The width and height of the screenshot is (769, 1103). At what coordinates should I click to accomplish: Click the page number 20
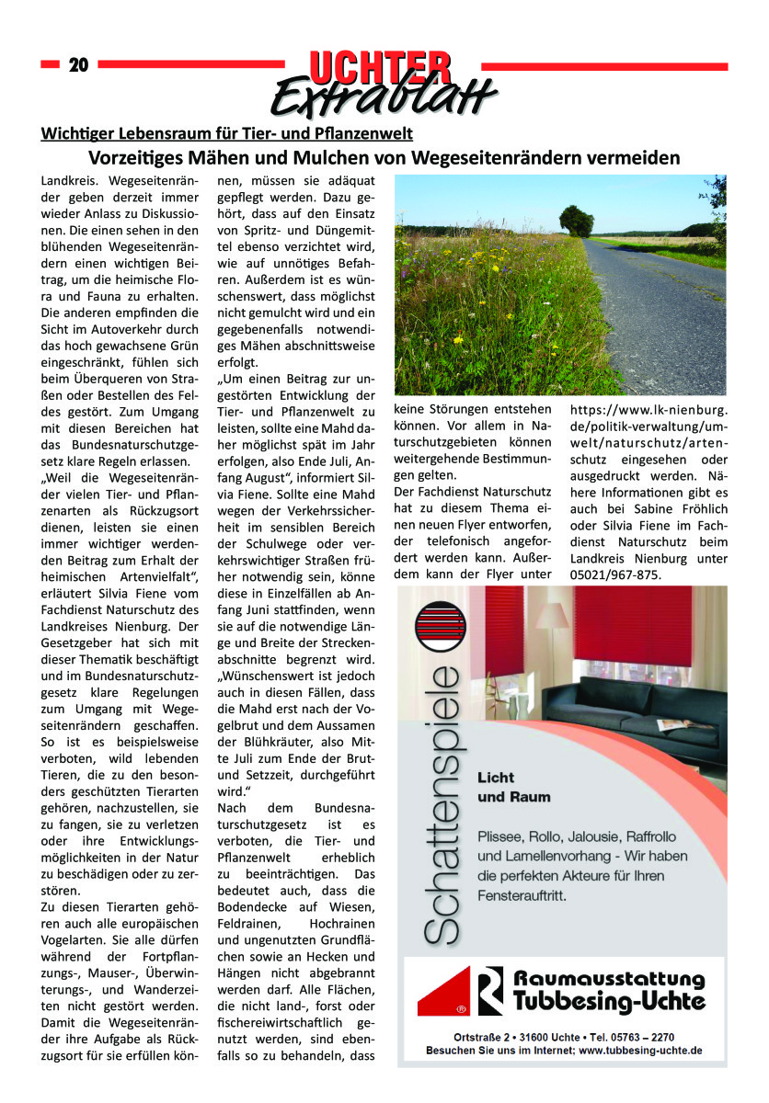[x=78, y=64]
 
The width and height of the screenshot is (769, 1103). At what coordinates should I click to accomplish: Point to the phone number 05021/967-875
[x=615, y=575]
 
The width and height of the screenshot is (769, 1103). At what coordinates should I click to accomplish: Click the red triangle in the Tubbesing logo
[x=445, y=997]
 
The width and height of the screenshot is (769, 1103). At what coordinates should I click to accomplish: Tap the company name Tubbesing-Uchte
[x=609, y=1000]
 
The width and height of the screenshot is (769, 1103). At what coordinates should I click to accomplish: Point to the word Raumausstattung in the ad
[x=609, y=979]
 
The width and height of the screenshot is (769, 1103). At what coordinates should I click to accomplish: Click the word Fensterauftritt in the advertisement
[x=522, y=893]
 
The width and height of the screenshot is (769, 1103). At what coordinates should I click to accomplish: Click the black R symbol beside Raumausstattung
[x=491, y=990]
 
